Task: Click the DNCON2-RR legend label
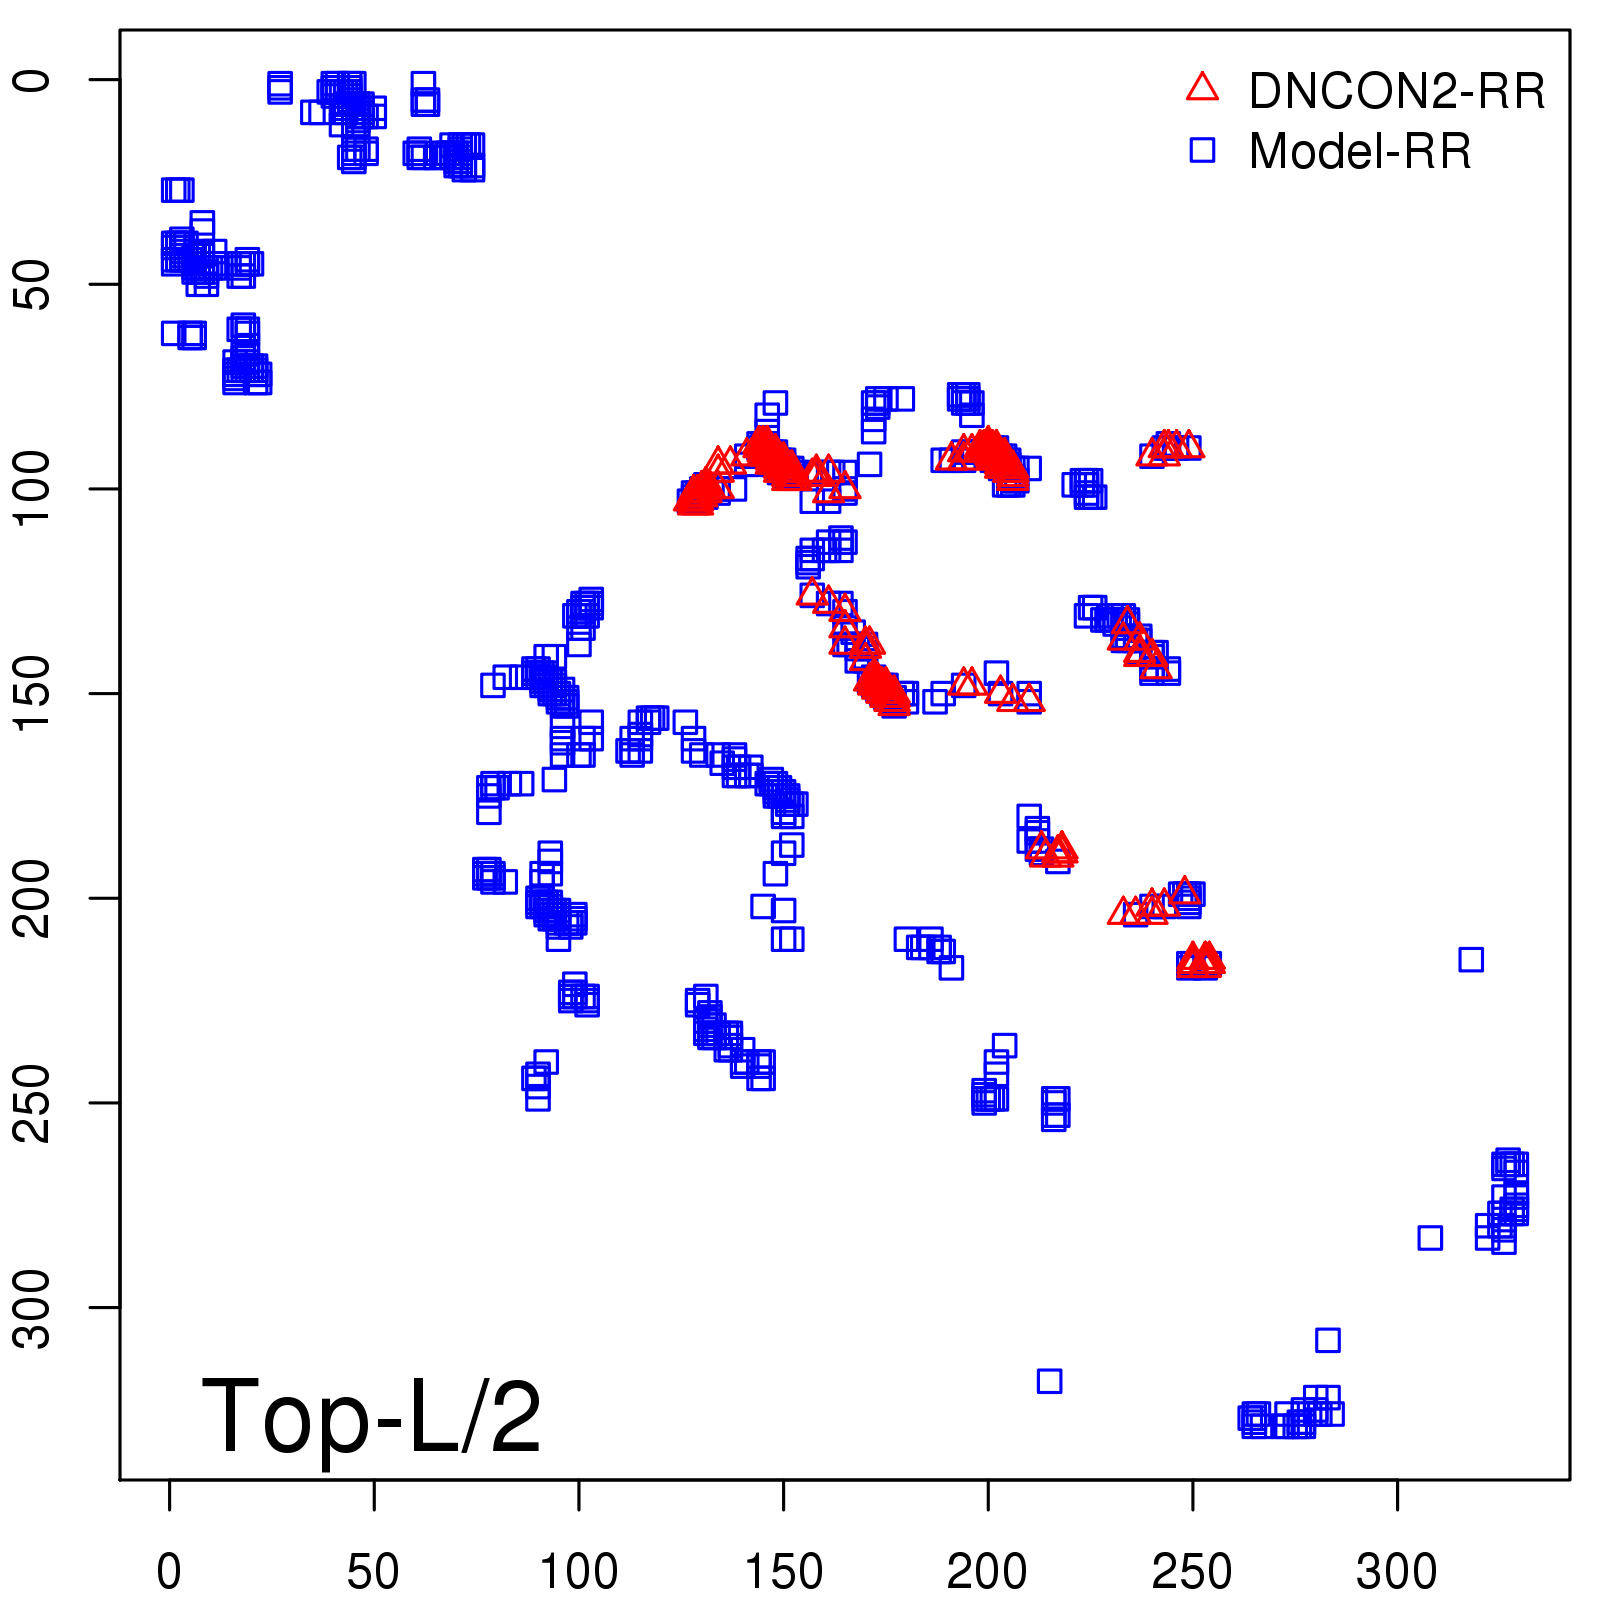[x=1396, y=91]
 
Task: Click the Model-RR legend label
[x=1360, y=151]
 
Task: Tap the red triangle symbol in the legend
[x=1202, y=88]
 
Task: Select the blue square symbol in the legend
[x=1202, y=150]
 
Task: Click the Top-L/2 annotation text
[x=371, y=1416]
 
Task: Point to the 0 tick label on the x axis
[x=169, y=1572]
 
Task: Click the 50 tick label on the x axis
[x=373, y=1572]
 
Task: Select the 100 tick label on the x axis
[x=578, y=1572]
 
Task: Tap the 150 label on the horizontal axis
[x=783, y=1572]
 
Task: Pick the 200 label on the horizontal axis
[x=987, y=1572]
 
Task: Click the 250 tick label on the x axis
[x=1192, y=1572]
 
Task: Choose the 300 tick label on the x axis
[x=1396, y=1572]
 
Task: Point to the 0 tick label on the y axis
[x=32, y=80]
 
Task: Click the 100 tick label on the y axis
[x=32, y=489]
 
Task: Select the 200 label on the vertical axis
[x=32, y=898]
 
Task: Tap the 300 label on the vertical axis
[x=32, y=1307]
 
